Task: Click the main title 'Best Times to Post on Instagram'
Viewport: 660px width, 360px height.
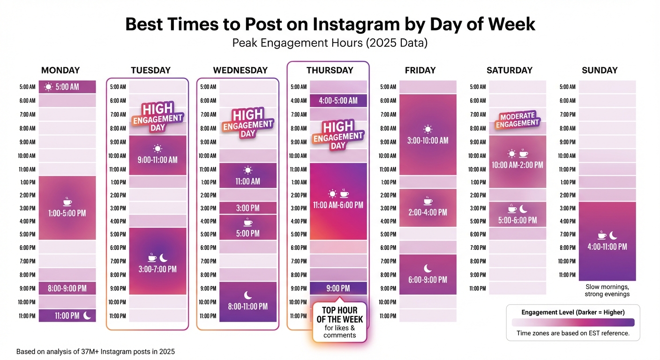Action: [330, 24]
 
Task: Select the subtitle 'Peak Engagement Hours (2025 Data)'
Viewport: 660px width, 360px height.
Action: [330, 44]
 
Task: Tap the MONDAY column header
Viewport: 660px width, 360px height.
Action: [60, 70]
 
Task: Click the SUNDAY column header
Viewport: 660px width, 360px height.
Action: [600, 70]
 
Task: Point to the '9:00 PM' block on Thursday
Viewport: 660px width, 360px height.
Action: [338, 288]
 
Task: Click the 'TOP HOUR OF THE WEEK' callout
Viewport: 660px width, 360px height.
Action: [340, 322]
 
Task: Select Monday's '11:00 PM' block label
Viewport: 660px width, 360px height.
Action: [67, 316]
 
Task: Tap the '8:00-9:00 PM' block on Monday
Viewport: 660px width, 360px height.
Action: [67, 288]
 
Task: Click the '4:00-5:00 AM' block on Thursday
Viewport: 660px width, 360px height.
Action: [338, 101]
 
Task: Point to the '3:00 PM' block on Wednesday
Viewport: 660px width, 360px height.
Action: [248, 208]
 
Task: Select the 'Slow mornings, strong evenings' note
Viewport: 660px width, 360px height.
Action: [607, 291]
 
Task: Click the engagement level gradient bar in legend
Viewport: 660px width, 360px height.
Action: [573, 322]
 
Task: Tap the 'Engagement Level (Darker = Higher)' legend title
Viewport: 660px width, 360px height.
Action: [573, 312]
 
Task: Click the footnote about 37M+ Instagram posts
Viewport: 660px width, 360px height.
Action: [96, 351]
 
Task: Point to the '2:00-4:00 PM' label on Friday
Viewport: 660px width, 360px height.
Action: [427, 212]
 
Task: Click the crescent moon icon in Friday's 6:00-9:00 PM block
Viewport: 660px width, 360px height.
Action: [428, 268]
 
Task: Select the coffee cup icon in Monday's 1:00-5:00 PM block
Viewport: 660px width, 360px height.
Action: [67, 202]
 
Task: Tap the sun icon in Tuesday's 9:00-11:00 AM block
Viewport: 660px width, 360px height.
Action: [157, 149]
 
